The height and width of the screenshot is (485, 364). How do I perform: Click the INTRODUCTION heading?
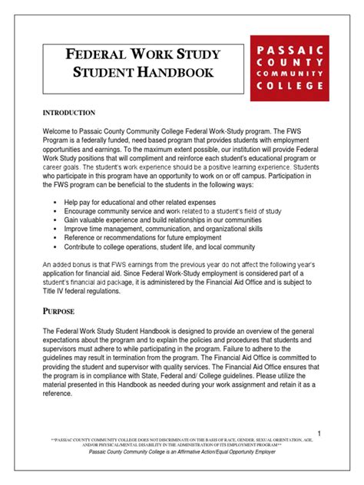click(69, 113)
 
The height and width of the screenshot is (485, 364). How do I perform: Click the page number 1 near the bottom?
click(318, 434)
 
